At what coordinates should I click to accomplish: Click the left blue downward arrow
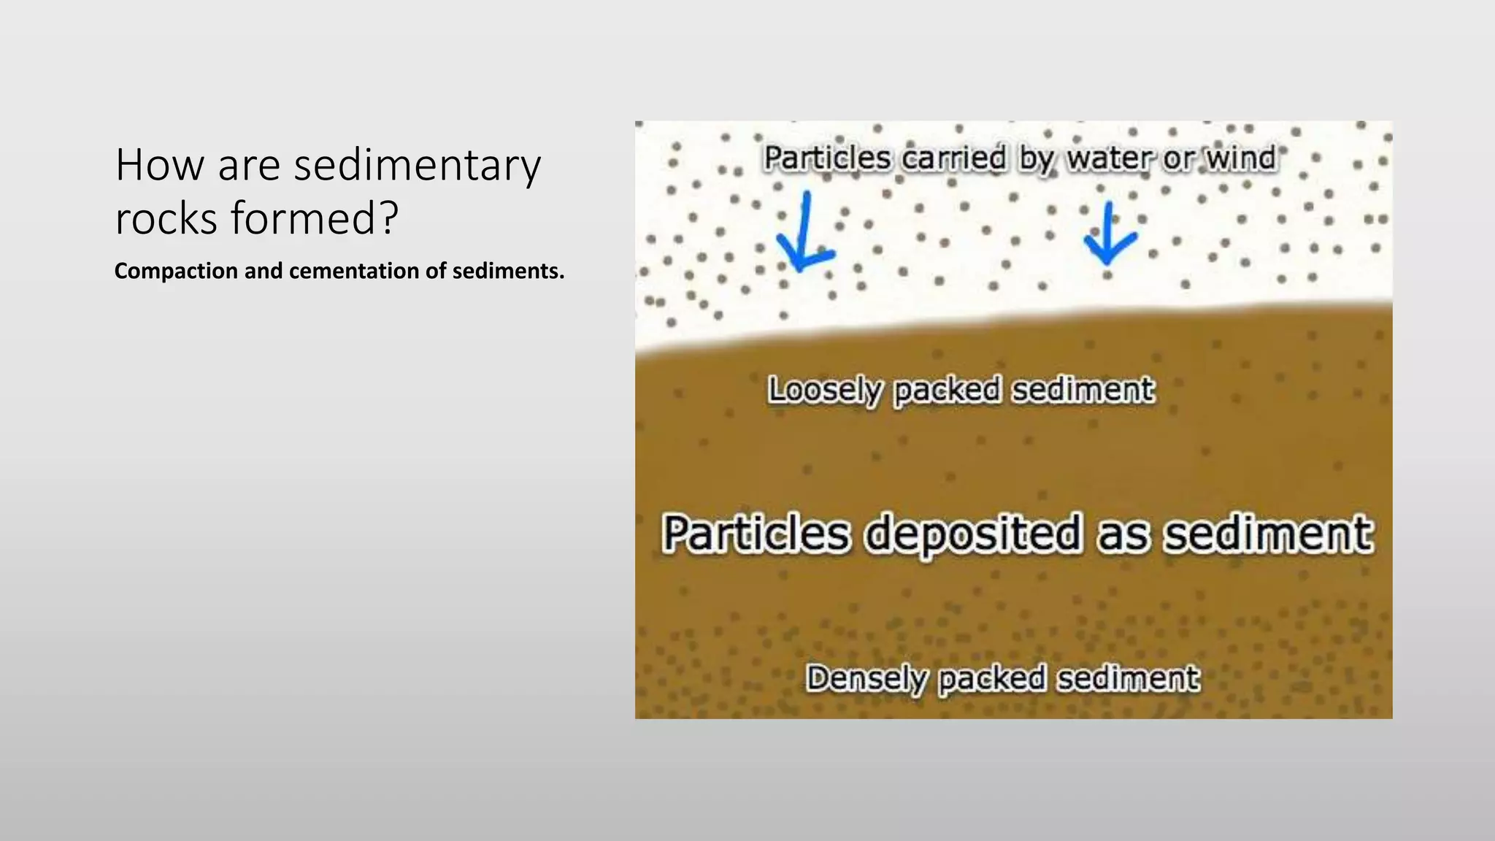pos(804,234)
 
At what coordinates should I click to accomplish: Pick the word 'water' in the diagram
pos(1110,158)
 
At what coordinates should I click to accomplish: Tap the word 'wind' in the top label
pos(1240,158)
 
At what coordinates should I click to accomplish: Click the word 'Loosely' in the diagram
pos(824,391)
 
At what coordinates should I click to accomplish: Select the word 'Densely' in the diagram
pos(866,679)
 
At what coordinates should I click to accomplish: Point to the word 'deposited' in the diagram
pos(972,534)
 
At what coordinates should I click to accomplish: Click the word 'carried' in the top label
pos(953,158)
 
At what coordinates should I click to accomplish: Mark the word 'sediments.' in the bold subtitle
pos(508,272)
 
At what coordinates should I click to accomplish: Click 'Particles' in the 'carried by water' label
pos(827,158)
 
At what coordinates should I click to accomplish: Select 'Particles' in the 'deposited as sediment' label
pos(756,534)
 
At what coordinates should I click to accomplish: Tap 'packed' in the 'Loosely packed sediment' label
pos(947,391)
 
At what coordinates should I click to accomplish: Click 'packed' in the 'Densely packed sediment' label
pos(991,679)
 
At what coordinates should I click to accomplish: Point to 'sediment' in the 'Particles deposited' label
pos(1268,534)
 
